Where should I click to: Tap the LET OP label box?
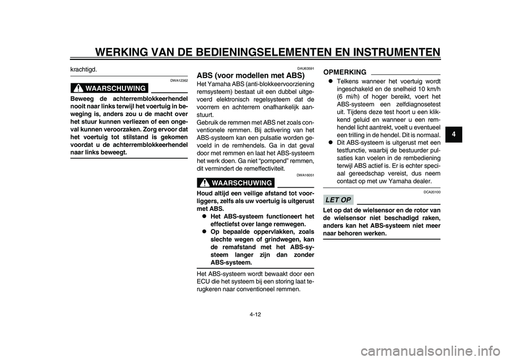(338, 200)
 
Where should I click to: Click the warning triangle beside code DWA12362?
(77, 88)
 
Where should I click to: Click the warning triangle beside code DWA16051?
(203, 183)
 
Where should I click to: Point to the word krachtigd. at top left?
(84, 69)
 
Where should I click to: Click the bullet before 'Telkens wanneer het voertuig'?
(330, 81)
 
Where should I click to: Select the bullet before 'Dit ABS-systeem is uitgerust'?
(330, 143)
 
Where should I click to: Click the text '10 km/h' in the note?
(428, 89)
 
